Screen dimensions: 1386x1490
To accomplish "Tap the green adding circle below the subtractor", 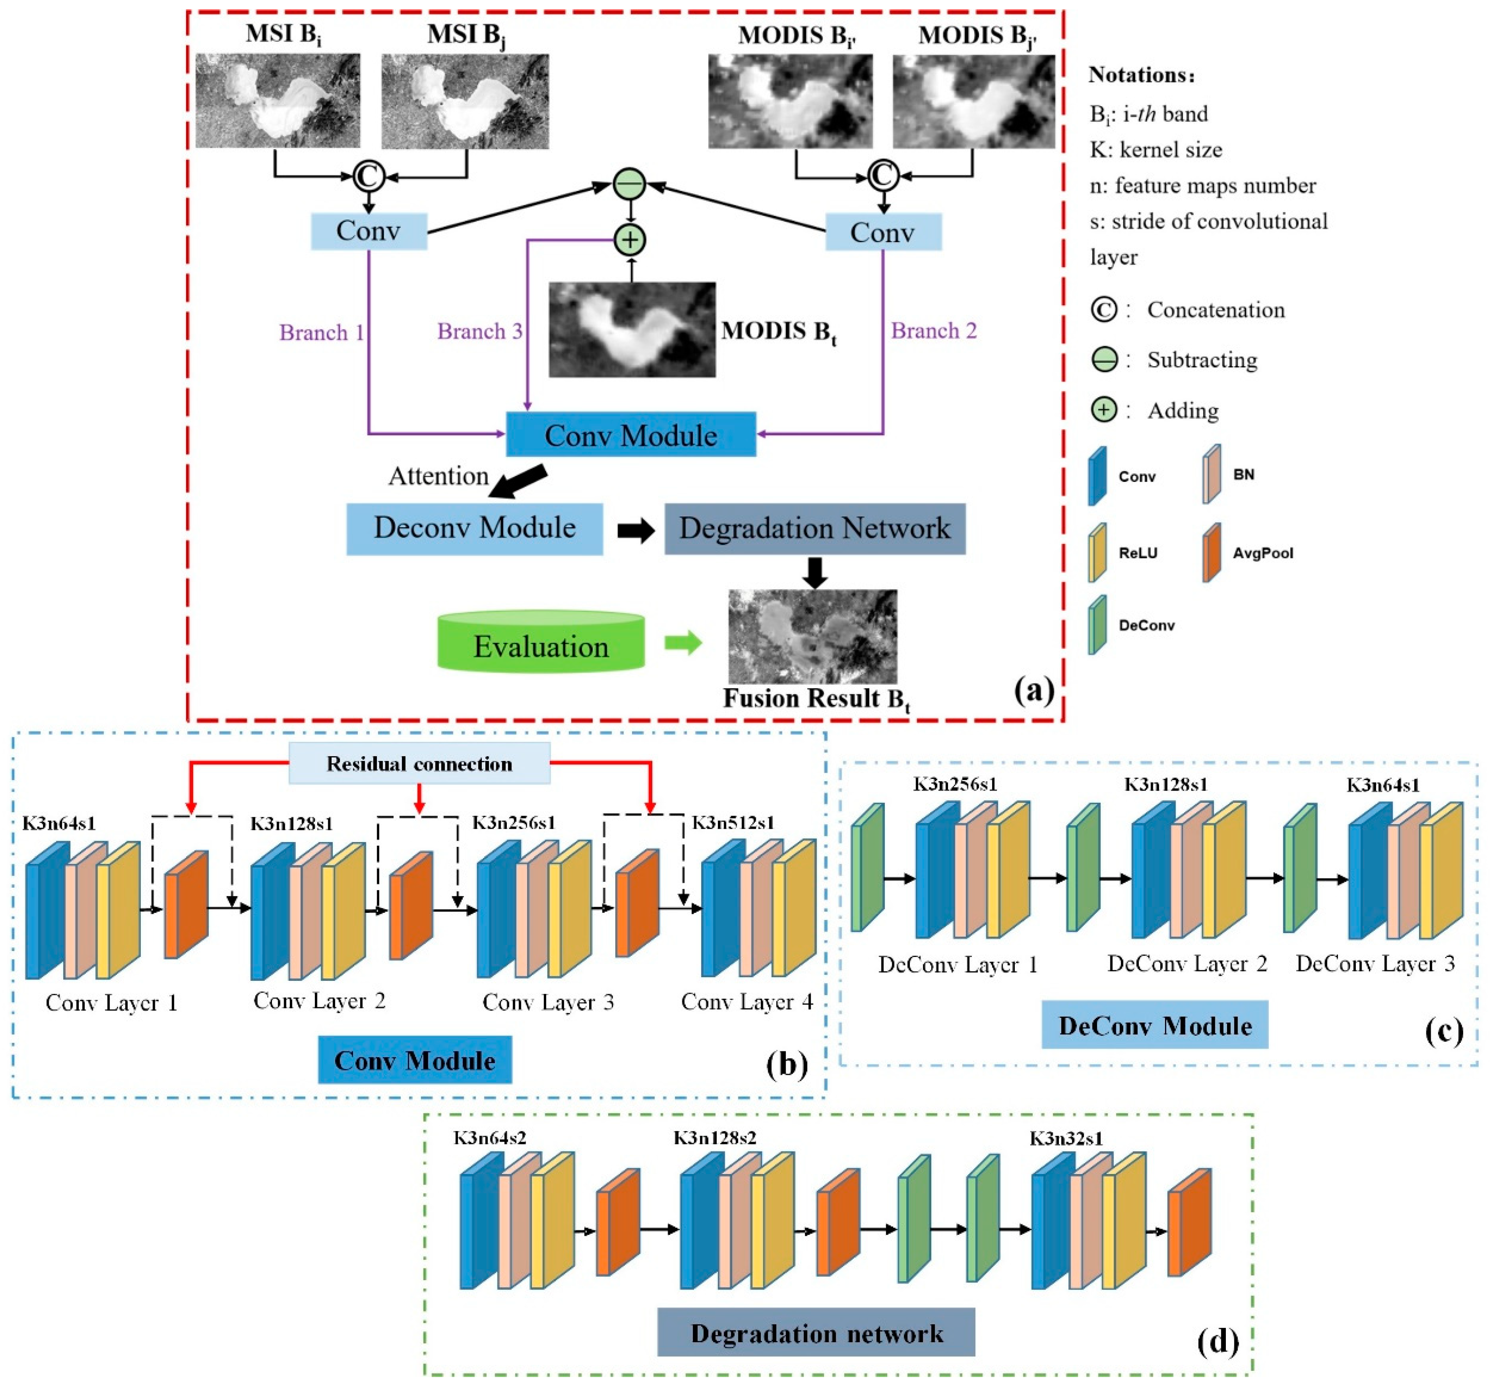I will (630, 240).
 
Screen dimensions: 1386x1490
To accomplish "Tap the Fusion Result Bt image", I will (812, 636).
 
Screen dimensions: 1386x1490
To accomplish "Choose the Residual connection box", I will (420, 764).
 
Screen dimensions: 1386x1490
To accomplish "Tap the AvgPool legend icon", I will (1211, 553).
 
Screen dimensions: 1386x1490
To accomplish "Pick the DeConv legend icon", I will (1097, 625).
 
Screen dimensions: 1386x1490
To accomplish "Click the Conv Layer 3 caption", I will (548, 1002).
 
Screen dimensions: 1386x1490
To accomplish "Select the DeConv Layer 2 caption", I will (1187, 964).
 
